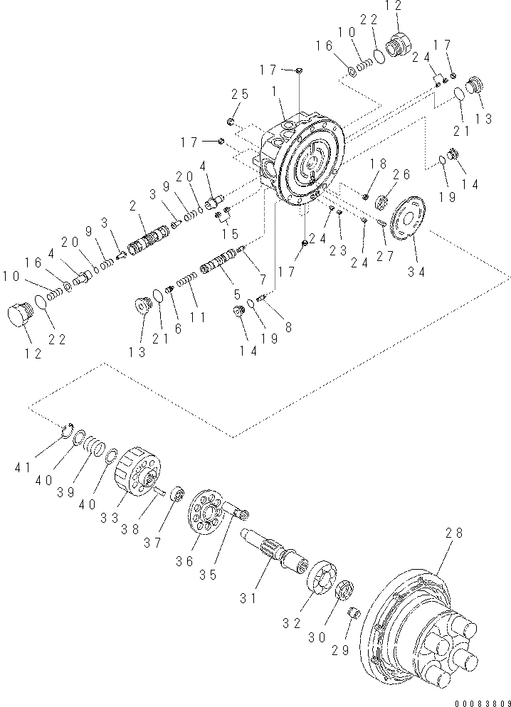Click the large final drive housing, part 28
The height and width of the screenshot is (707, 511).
(x=420, y=619)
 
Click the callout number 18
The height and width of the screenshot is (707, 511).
(x=378, y=164)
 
